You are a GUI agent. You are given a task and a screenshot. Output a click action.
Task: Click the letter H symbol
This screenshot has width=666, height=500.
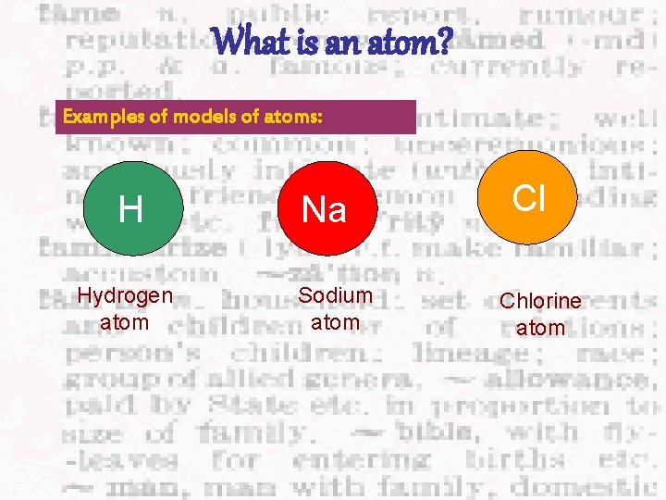(130, 210)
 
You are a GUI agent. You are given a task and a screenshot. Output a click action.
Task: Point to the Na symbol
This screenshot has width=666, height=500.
(325, 210)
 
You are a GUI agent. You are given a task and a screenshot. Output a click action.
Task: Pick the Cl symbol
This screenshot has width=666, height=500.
(529, 197)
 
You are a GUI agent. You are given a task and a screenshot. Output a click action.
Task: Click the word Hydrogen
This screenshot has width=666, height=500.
(124, 296)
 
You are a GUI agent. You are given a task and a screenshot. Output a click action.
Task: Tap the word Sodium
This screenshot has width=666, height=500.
(335, 296)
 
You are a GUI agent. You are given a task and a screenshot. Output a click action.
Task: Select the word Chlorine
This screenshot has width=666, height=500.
(540, 302)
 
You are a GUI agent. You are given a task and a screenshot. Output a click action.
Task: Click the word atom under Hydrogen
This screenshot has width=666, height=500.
(124, 324)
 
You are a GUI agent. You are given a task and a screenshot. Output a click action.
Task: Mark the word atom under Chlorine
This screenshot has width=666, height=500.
(540, 329)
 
